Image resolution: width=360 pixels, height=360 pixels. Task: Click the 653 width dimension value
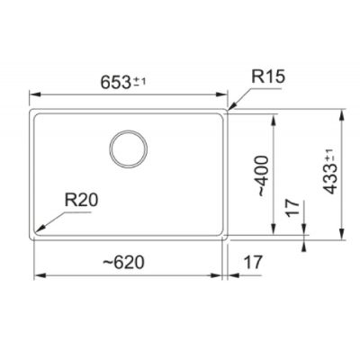point(115,82)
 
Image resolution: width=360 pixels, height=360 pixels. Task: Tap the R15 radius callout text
point(268,76)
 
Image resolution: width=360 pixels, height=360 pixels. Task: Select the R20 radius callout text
point(81,200)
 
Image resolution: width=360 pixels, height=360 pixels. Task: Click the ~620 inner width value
point(123,262)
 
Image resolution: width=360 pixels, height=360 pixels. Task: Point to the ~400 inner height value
point(259,175)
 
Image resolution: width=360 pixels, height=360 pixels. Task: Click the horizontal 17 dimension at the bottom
point(253,262)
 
